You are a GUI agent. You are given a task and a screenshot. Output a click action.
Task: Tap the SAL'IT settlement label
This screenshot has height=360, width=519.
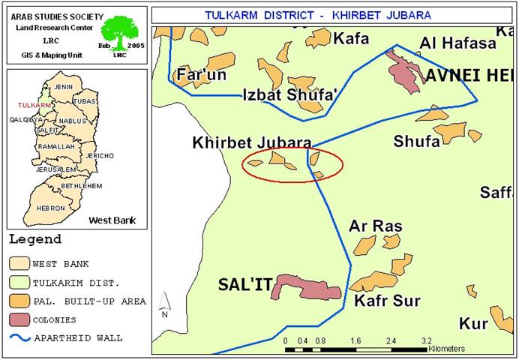click(x=243, y=286)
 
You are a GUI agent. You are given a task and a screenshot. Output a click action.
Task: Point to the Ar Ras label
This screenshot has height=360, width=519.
click(x=376, y=226)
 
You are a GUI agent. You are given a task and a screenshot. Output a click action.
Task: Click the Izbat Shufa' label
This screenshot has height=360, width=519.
click(x=289, y=94)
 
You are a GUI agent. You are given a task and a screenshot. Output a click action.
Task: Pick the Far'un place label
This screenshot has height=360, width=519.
click(x=201, y=75)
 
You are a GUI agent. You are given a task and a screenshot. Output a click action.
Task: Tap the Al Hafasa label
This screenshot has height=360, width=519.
click(x=458, y=43)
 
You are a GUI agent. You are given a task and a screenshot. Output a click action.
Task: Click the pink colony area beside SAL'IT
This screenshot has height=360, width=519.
click(x=307, y=288)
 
